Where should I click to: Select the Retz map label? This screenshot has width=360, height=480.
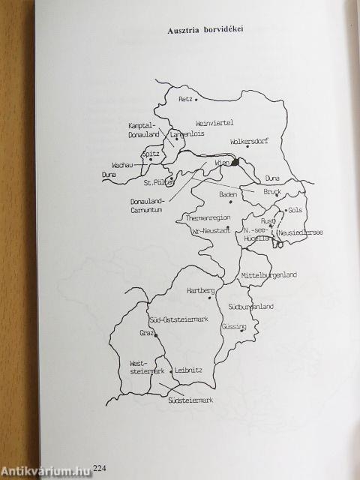(187, 99)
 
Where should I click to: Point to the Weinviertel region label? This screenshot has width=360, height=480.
(214, 122)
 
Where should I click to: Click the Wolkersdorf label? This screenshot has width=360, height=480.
(249, 139)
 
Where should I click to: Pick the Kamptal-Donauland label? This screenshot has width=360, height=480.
(140, 132)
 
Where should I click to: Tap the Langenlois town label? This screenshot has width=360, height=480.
(187, 136)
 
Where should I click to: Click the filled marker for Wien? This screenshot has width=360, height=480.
(235, 161)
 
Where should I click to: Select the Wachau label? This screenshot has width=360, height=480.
(123, 164)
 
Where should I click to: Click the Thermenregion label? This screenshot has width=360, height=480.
(211, 217)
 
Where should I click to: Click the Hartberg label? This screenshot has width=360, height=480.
(200, 289)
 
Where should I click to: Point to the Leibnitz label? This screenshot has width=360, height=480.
(187, 370)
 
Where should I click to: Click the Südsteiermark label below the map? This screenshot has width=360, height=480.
(190, 400)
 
